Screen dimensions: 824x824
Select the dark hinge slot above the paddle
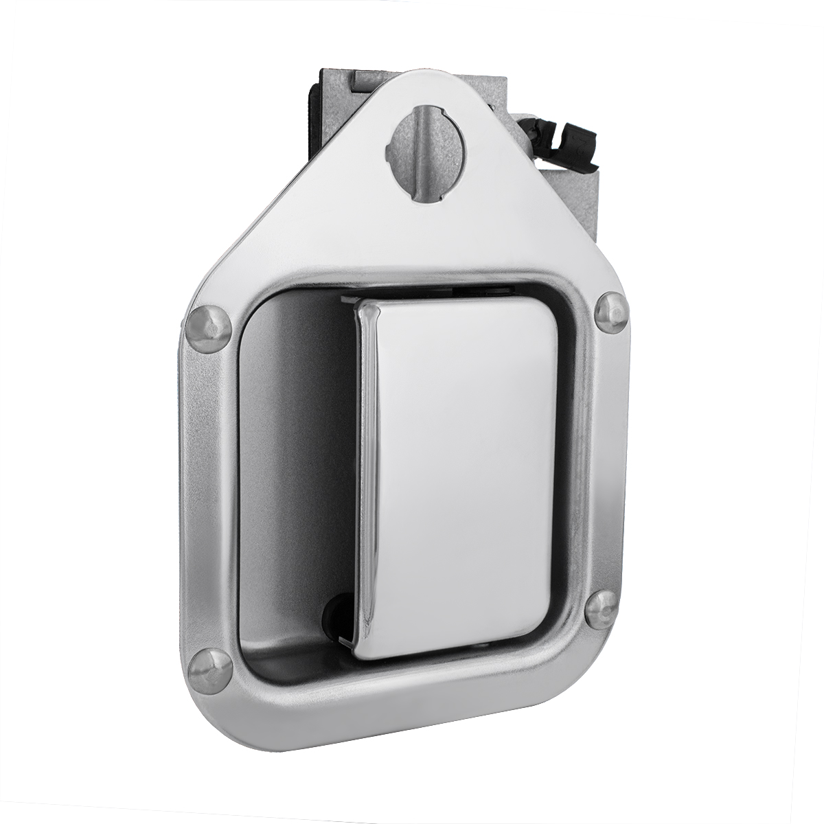pyautogui.click(x=439, y=292)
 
